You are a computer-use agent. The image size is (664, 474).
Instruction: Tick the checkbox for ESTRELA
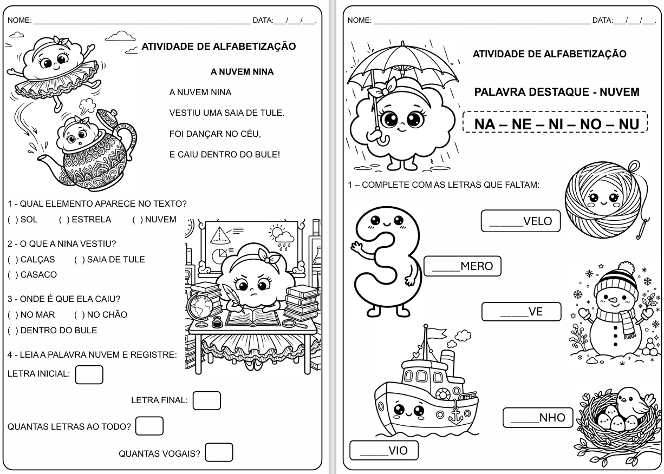(63, 220)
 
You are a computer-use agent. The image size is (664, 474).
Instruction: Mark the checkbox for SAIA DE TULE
(79, 260)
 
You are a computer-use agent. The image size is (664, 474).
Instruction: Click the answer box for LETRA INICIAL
(89, 374)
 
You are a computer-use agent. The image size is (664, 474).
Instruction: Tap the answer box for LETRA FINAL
(206, 400)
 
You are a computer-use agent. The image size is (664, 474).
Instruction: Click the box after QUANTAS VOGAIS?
(219, 452)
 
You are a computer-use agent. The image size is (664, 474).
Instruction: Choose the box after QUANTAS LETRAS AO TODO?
(149, 426)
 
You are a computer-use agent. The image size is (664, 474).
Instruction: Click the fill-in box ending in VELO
(520, 221)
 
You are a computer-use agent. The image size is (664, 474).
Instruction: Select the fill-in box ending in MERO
(463, 266)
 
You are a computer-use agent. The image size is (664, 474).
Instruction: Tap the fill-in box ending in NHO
(537, 417)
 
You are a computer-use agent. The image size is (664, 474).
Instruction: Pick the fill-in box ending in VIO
(383, 450)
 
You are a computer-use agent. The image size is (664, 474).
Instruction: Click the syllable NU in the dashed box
(629, 124)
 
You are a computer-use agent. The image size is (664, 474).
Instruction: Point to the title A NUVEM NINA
(242, 71)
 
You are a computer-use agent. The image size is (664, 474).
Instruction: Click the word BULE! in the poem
(266, 155)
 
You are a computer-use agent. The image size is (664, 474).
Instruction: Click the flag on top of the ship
(434, 332)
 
